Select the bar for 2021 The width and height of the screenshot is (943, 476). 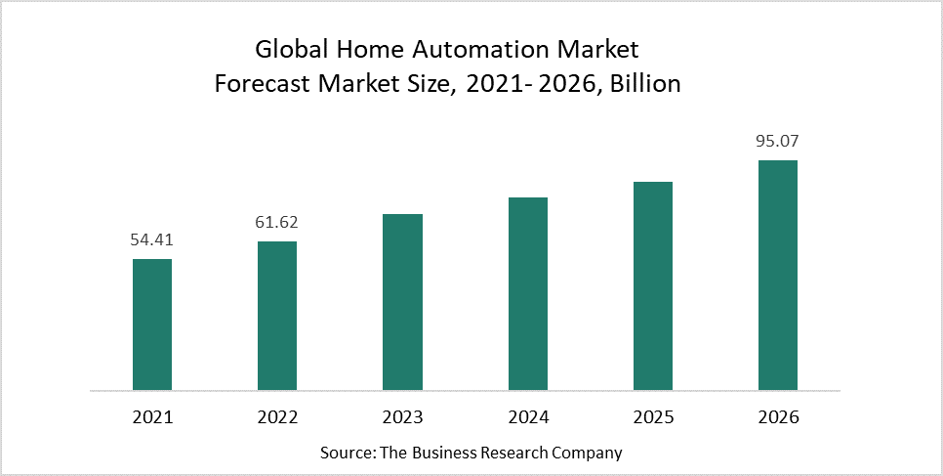tap(152, 325)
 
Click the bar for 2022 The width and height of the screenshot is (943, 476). tap(277, 316)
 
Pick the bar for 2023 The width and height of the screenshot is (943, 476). tap(402, 302)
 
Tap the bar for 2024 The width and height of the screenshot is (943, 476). tap(528, 294)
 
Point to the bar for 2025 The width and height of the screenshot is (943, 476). tap(653, 286)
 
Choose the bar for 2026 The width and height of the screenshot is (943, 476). tap(778, 276)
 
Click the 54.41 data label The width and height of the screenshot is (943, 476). tap(152, 239)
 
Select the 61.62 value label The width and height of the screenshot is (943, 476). tap(277, 222)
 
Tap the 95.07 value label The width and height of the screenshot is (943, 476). tap(778, 141)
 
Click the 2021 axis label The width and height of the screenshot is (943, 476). tap(152, 417)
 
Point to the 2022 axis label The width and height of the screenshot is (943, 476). tap(277, 417)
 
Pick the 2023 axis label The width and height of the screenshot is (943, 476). tap(402, 417)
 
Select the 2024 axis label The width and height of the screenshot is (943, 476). tap(528, 417)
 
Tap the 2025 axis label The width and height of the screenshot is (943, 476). tap(653, 417)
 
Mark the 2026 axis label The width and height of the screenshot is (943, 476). tap(778, 417)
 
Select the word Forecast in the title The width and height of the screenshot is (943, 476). tap(261, 84)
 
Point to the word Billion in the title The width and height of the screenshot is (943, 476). tap(644, 84)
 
